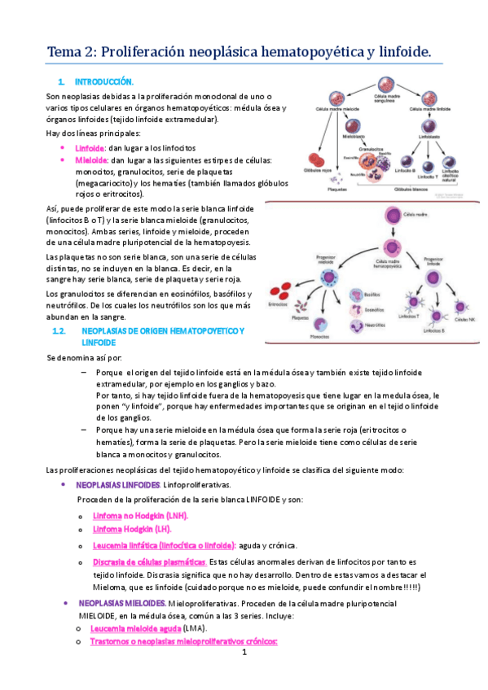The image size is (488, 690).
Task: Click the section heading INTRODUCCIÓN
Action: (x=103, y=82)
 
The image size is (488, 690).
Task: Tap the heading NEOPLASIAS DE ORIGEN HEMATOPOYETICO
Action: (x=163, y=332)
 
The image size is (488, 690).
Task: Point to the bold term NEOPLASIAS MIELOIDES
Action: (x=121, y=603)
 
